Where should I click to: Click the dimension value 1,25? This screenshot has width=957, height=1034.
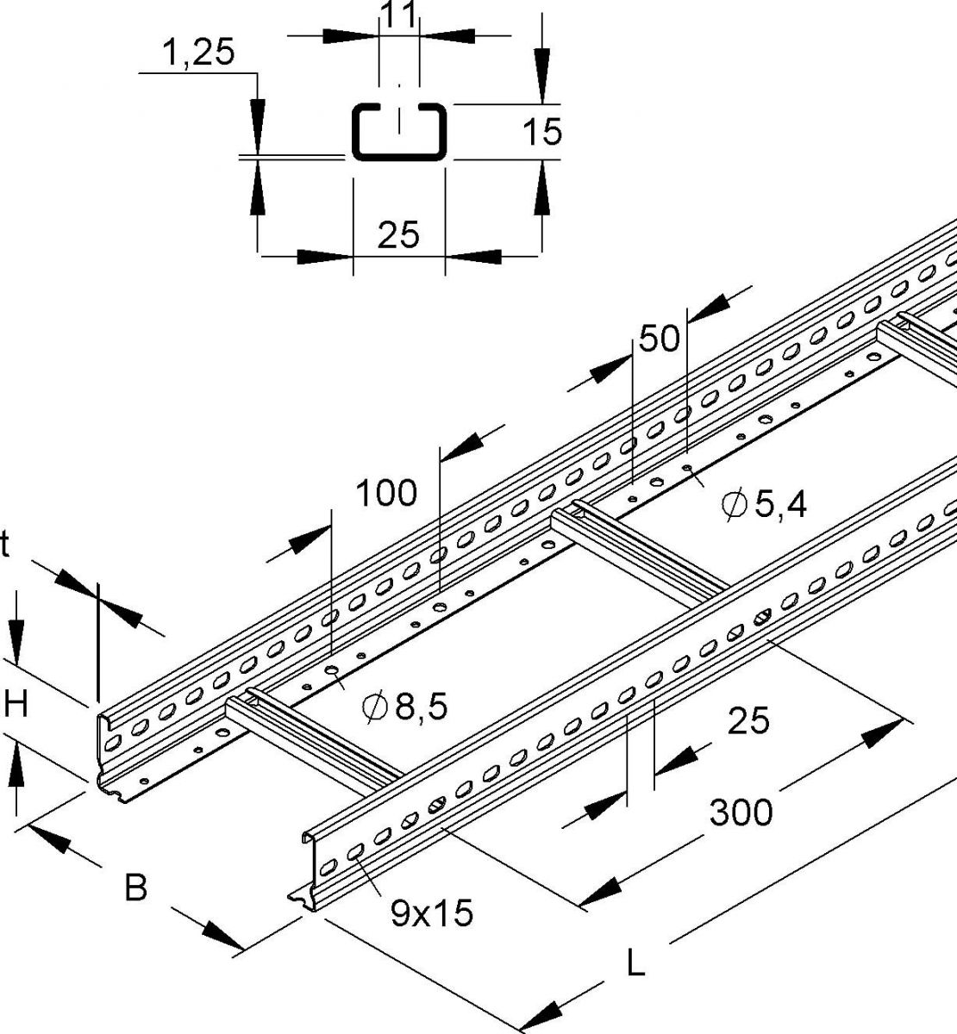[197, 53]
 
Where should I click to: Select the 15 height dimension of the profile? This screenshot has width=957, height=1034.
[542, 132]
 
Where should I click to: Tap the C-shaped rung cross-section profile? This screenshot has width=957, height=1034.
[398, 131]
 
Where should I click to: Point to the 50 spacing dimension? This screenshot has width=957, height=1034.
[660, 338]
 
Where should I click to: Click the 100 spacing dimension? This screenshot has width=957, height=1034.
[386, 493]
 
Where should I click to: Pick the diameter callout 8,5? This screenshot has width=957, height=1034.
[405, 707]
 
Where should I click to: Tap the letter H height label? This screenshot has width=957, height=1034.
[15, 706]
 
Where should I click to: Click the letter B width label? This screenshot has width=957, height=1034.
[136, 887]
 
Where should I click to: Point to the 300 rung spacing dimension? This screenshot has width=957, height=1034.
[740, 811]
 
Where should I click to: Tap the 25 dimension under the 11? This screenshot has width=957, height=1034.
[398, 234]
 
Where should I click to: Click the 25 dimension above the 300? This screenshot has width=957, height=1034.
[747, 720]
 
